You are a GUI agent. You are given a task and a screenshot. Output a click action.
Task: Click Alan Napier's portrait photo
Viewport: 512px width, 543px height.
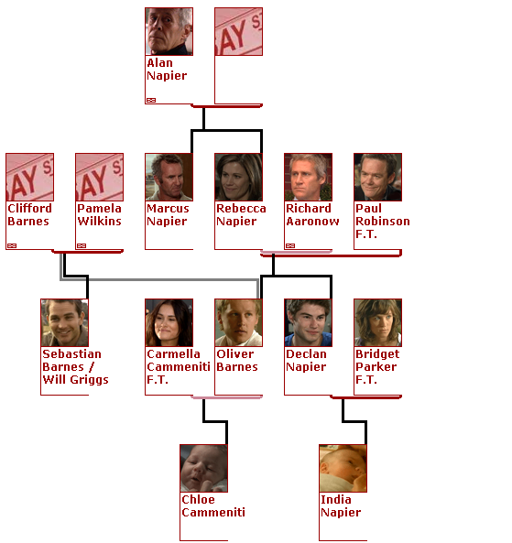169,31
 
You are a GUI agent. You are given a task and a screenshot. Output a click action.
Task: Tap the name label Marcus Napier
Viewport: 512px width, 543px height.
168,214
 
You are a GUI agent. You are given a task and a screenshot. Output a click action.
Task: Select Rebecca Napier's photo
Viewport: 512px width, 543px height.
239,177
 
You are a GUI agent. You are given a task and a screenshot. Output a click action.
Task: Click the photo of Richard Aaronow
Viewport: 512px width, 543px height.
309,177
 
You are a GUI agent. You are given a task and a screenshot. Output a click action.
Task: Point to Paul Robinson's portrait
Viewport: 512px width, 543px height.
378,177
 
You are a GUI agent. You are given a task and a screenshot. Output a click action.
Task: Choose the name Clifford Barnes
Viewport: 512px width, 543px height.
29,214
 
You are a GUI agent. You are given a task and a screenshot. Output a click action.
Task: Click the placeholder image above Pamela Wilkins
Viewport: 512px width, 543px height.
100,177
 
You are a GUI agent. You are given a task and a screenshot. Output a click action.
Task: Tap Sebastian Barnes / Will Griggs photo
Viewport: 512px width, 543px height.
64,322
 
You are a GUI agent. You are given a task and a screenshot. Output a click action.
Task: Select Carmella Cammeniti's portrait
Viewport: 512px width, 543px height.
169,322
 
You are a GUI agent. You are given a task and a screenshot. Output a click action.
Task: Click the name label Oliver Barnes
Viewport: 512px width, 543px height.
237,360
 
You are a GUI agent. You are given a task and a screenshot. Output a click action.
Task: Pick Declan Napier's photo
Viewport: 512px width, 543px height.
309,322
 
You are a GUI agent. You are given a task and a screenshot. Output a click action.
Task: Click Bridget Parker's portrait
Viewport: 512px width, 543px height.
378,322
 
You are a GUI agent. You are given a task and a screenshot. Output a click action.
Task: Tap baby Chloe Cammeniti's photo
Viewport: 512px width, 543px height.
203,468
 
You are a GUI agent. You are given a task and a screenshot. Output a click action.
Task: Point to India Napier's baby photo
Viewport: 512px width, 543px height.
343,468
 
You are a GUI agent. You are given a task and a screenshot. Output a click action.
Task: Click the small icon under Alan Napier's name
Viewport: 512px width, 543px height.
151,100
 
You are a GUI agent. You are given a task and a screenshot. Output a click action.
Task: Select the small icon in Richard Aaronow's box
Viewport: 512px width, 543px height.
290,246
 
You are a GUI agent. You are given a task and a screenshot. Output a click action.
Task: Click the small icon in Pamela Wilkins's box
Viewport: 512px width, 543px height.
82,246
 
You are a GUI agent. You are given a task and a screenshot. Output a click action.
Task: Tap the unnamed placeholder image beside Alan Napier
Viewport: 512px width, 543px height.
239,31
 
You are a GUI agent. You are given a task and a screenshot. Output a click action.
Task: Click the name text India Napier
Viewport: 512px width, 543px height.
341,505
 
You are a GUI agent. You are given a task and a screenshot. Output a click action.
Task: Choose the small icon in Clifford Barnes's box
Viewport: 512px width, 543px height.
12,246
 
